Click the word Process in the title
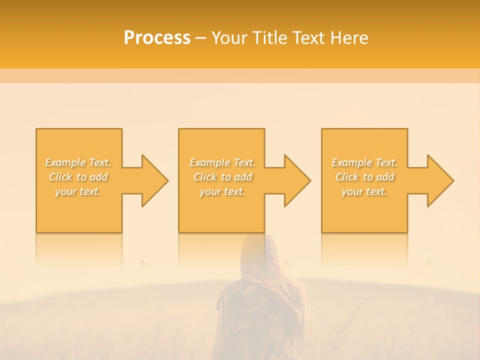coord(157,38)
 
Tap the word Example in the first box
coord(65,162)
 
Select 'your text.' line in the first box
coord(78,191)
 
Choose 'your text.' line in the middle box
coord(222,191)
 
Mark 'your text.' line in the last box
coord(364,191)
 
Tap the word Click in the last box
coord(347,177)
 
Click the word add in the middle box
coord(243,177)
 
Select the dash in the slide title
coord(201,38)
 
